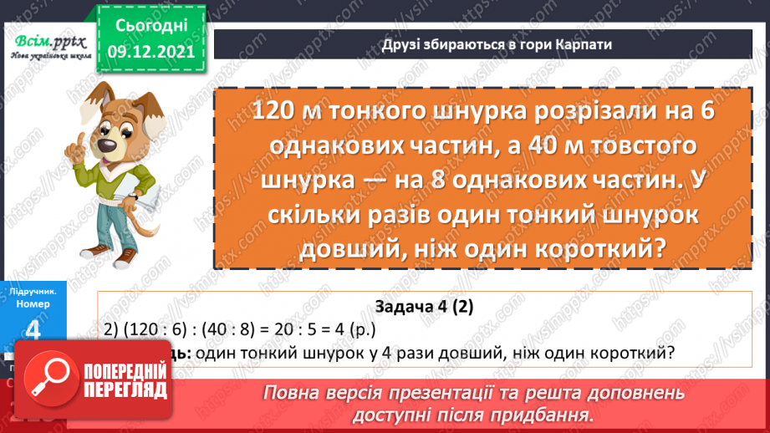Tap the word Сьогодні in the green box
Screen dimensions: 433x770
point(151,27)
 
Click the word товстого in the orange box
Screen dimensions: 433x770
point(635,145)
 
